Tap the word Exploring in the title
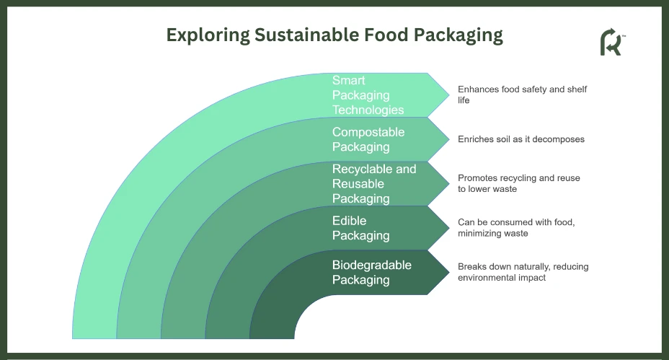pyautogui.click(x=208, y=35)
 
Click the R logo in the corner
pyautogui.click(x=612, y=42)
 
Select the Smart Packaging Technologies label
pyautogui.click(x=368, y=95)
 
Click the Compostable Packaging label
pyautogui.click(x=368, y=139)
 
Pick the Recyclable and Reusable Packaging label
pyautogui.click(x=374, y=184)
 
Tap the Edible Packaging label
pyautogui.click(x=361, y=228)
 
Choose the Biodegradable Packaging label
pyautogui.click(x=371, y=273)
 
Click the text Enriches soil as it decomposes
pyautogui.click(x=521, y=139)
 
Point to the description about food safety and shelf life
pyautogui.click(x=522, y=95)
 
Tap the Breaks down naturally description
pyautogui.click(x=523, y=272)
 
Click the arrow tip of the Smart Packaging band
pyautogui.click(x=449, y=95)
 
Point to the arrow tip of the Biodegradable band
pyautogui.click(x=449, y=273)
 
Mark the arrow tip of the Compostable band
pyautogui.click(x=449, y=139)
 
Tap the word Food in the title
pyautogui.click(x=386, y=35)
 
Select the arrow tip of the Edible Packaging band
pyautogui.click(x=449, y=228)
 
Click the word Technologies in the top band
pyautogui.click(x=368, y=110)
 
